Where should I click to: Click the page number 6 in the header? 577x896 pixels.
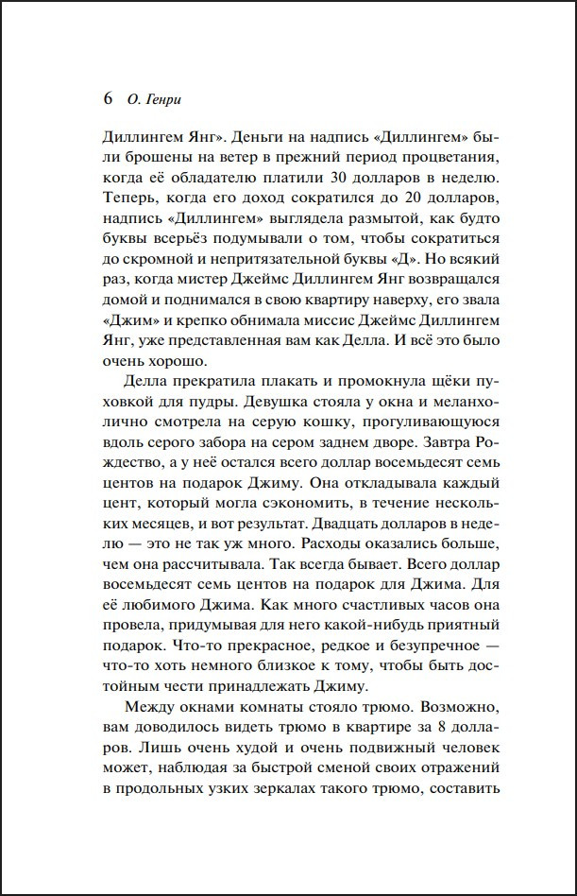pyautogui.click(x=106, y=98)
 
